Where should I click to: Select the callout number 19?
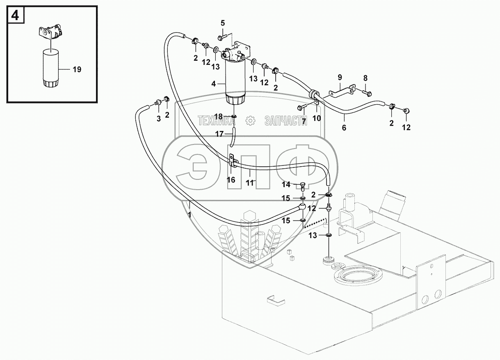click(x=77, y=70)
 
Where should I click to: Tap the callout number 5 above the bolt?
click(x=223, y=23)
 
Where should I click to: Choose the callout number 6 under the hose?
click(x=344, y=128)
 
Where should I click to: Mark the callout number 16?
click(x=231, y=180)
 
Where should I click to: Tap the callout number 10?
click(x=317, y=118)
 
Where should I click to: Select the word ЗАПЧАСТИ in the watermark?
click(x=286, y=121)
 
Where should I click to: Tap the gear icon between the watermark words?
click(x=249, y=121)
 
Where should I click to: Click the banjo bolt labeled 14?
click(x=302, y=186)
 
